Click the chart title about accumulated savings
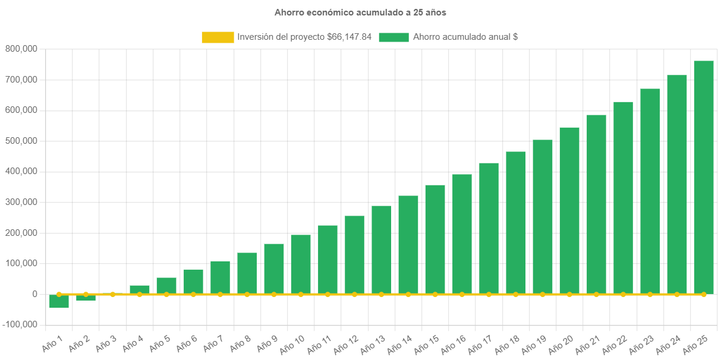(x=360, y=12)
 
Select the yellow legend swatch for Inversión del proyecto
(x=218, y=37)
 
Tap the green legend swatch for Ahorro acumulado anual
(x=393, y=37)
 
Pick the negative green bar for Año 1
(x=59, y=302)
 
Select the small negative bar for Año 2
(x=86, y=298)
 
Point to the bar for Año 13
(x=382, y=250)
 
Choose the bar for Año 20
(x=569, y=210)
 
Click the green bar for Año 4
(x=140, y=289)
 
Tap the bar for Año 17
(x=489, y=228)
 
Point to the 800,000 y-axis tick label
(x=21, y=49)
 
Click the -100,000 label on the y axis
(x=20, y=324)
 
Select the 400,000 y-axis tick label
(x=21, y=171)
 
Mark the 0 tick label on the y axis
(x=35, y=294)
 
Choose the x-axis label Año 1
(x=53, y=343)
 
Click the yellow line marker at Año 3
(x=113, y=294)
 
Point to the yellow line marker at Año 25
(x=704, y=294)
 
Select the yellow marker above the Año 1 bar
(x=59, y=294)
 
